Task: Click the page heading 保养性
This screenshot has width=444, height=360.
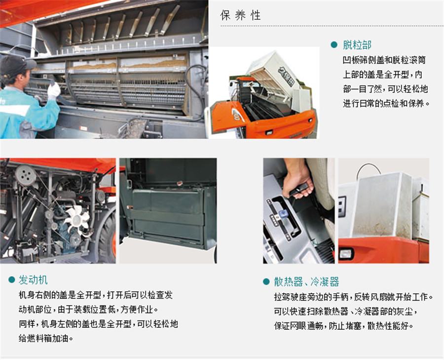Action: point(240,15)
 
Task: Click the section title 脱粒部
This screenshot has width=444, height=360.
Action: point(357,45)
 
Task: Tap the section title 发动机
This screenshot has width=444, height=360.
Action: point(33,280)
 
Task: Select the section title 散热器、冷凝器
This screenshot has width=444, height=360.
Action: point(306,281)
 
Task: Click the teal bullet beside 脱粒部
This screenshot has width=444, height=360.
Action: point(334,45)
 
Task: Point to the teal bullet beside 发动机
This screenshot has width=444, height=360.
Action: point(12,280)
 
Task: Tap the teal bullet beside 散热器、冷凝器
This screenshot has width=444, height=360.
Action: point(266,281)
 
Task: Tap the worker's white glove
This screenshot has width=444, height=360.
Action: point(54,91)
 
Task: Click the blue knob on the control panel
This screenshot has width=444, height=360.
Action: point(282,213)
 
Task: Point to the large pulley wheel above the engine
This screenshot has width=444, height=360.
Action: point(26,175)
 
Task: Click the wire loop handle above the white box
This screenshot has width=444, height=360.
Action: point(369,170)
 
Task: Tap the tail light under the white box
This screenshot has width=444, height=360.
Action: point(345,253)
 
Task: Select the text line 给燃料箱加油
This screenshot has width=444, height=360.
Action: point(45,338)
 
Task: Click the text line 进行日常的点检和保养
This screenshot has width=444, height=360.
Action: point(386,104)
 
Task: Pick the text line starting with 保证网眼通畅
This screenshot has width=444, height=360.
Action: point(343,326)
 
